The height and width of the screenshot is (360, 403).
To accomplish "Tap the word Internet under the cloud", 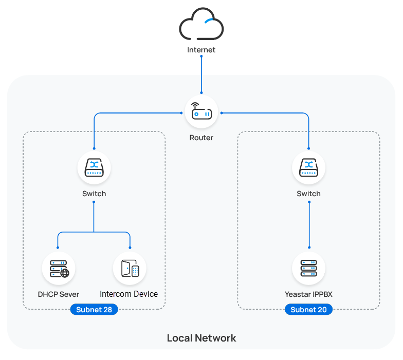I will [201, 50].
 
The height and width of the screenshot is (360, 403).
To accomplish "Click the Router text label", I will [201, 138].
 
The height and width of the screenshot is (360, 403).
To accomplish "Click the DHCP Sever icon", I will [59, 268].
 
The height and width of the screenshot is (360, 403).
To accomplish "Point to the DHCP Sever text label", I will [59, 294].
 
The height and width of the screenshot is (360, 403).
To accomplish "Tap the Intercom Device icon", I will [130, 268].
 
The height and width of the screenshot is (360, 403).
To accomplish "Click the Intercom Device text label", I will [129, 294].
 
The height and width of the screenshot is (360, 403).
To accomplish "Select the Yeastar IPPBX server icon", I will [308, 268].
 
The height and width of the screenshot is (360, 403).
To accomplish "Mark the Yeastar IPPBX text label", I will [308, 294].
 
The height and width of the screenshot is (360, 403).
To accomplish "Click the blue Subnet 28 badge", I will [94, 310].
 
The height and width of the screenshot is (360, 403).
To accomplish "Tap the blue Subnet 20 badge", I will [308, 310].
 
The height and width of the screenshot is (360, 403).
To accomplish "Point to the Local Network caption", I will [201, 338].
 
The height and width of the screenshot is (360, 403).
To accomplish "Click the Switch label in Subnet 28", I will [94, 194].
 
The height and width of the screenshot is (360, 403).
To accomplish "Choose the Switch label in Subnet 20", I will [308, 194].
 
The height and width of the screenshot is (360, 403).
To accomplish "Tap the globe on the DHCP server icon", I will [65, 273].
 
